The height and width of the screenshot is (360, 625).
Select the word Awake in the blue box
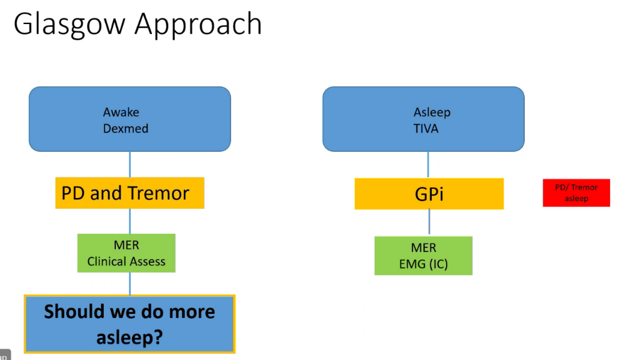tap(121, 112)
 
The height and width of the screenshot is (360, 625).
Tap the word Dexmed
tap(125, 128)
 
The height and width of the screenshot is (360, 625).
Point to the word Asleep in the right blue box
tap(432, 112)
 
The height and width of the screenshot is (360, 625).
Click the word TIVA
tap(426, 128)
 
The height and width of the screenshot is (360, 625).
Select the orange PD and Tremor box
tap(130, 193)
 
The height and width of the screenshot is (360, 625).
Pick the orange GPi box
tap(429, 194)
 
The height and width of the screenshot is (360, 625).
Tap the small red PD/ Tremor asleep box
tap(576, 193)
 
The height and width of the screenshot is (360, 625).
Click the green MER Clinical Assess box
tap(126, 253)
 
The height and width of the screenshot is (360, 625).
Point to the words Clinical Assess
tap(126, 262)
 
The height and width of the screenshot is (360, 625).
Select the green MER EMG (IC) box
tap(423, 256)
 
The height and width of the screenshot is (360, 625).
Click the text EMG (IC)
tap(423, 264)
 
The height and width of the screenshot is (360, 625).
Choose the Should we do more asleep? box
tap(130, 324)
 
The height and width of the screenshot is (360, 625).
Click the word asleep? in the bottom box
tap(130, 337)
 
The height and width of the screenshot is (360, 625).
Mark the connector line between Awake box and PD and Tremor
tap(130, 164)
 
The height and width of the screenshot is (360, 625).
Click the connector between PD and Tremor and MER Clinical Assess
tap(130, 221)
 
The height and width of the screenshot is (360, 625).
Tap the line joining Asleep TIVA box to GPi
tap(428, 164)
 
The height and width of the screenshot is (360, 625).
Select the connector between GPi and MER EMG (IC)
tap(429, 223)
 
